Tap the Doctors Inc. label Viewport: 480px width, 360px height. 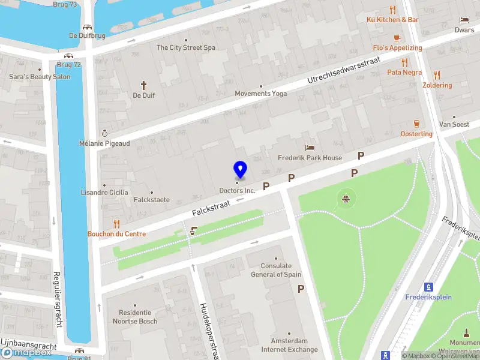pos(237,191)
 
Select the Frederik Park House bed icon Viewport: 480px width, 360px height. pos(310,147)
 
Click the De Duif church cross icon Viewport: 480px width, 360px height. pos(143,85)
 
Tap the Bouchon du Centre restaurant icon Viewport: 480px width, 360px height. pos(116,224)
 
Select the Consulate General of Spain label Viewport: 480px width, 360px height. pos(276,270)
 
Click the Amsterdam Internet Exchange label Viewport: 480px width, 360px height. pos(289,346)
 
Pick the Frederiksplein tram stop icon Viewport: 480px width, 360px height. pos(429,286)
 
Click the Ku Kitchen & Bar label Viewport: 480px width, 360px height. pos(393,19)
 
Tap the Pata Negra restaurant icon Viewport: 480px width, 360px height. pos(404,62)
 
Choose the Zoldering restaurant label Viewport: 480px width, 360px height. pos(437,85)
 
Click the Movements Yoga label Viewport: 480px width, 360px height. pos(261,94)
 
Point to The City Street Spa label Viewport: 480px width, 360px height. pos(185,47)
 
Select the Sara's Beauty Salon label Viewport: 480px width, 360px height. pos(40,77)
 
